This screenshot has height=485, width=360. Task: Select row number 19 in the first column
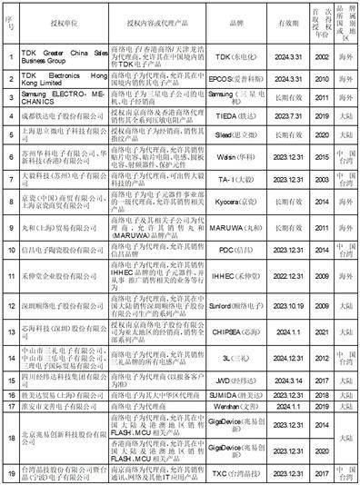pos(8,471)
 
